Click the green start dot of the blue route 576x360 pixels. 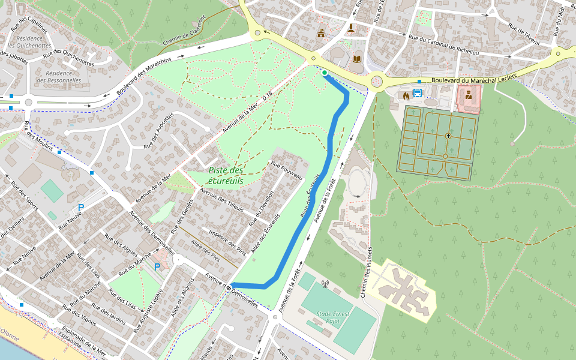(325, 73)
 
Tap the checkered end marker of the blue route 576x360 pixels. (229, 287)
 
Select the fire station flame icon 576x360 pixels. (406, 95)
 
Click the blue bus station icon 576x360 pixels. (418, 93)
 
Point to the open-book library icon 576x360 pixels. (357, 59)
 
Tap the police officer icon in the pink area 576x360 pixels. (468, 94)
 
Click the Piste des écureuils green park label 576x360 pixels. (226, 175)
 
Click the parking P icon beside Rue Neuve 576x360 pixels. (80, 208)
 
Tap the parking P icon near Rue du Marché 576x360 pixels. (157, 267)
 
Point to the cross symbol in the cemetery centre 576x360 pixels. (448, 136)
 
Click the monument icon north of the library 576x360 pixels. (351, 28)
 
